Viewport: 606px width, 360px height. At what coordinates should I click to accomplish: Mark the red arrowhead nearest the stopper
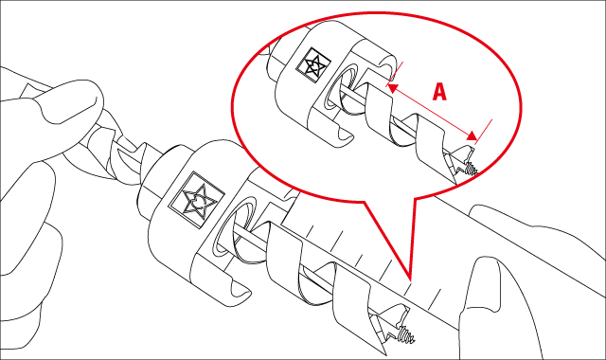coord(393,84)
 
